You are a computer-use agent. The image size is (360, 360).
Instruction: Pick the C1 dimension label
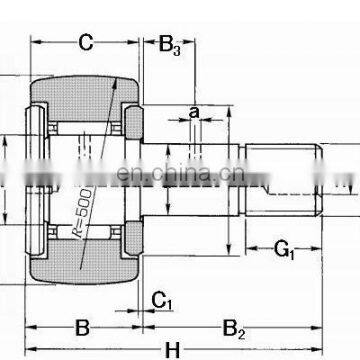160,297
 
